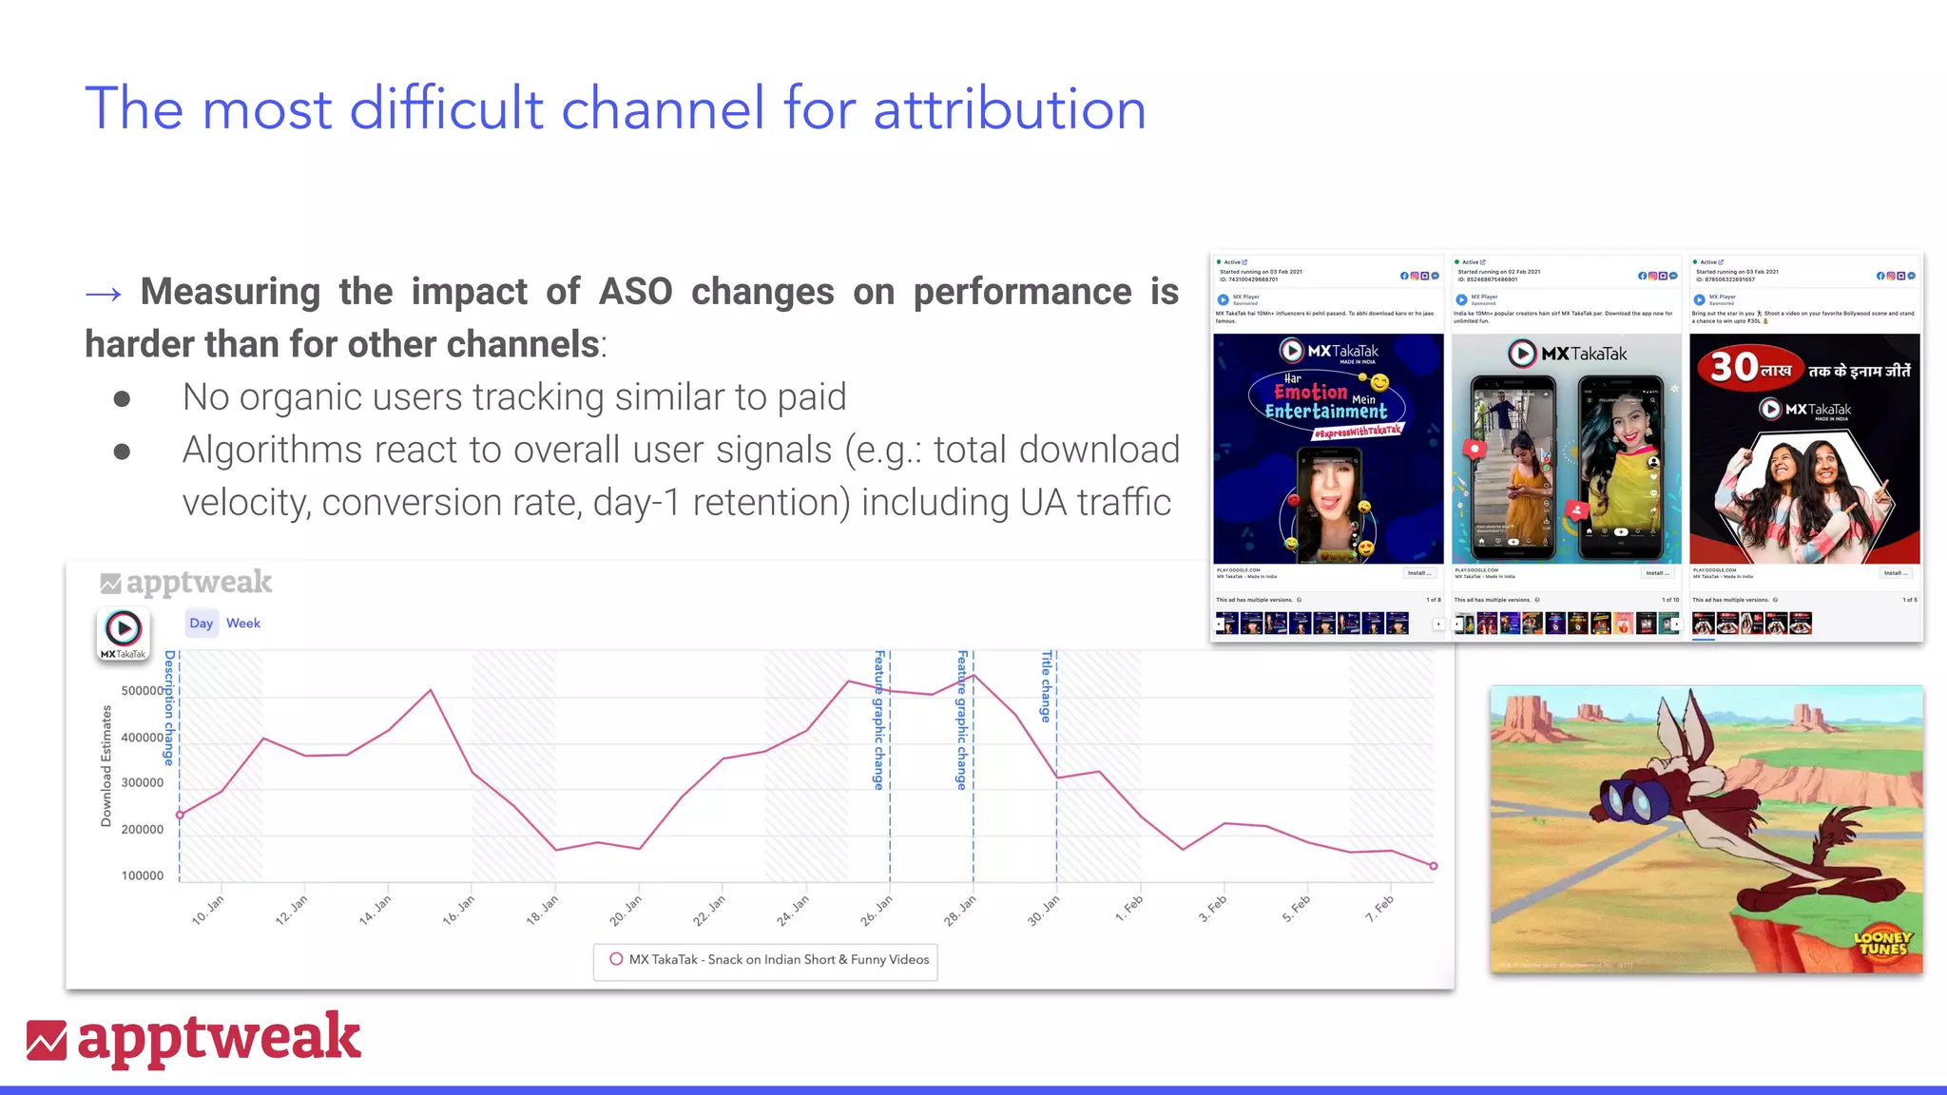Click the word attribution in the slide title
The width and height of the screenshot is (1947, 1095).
pyautogui.click(x=1009, y=108)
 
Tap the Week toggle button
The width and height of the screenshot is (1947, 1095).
pyautogui.click(x=242, y=624)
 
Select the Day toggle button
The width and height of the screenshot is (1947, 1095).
pyautogui.click(x=201, y=624)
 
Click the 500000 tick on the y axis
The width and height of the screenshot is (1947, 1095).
pyautogui.click(x=143, y=691)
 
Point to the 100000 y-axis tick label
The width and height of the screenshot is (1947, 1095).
pyautogui.click(x=143, y=875)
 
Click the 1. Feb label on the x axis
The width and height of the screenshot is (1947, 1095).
pyautogui.click(x=1128, y=909)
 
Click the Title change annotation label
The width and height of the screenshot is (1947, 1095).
pyautogui.click(x=1046, y=686)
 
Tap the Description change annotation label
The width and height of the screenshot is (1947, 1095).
pyautogui.click(x=169, y=708)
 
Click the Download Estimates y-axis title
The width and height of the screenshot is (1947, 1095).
pyautogui.click(x=106, y=766)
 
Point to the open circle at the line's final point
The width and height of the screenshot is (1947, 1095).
pyautogui.click(x=1434, y=866)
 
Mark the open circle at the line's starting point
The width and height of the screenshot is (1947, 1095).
pyautogui.click(x=180, y=815)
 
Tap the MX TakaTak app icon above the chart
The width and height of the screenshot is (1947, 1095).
pyautogui.click(x=123, y=632)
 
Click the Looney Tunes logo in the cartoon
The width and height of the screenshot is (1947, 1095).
pyautogui.click(x=1881, y=942)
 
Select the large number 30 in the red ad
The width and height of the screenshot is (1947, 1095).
pyautogui.click(x=1733, y=367)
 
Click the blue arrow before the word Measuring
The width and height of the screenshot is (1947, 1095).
pyautogui.click(x=103, y=294)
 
